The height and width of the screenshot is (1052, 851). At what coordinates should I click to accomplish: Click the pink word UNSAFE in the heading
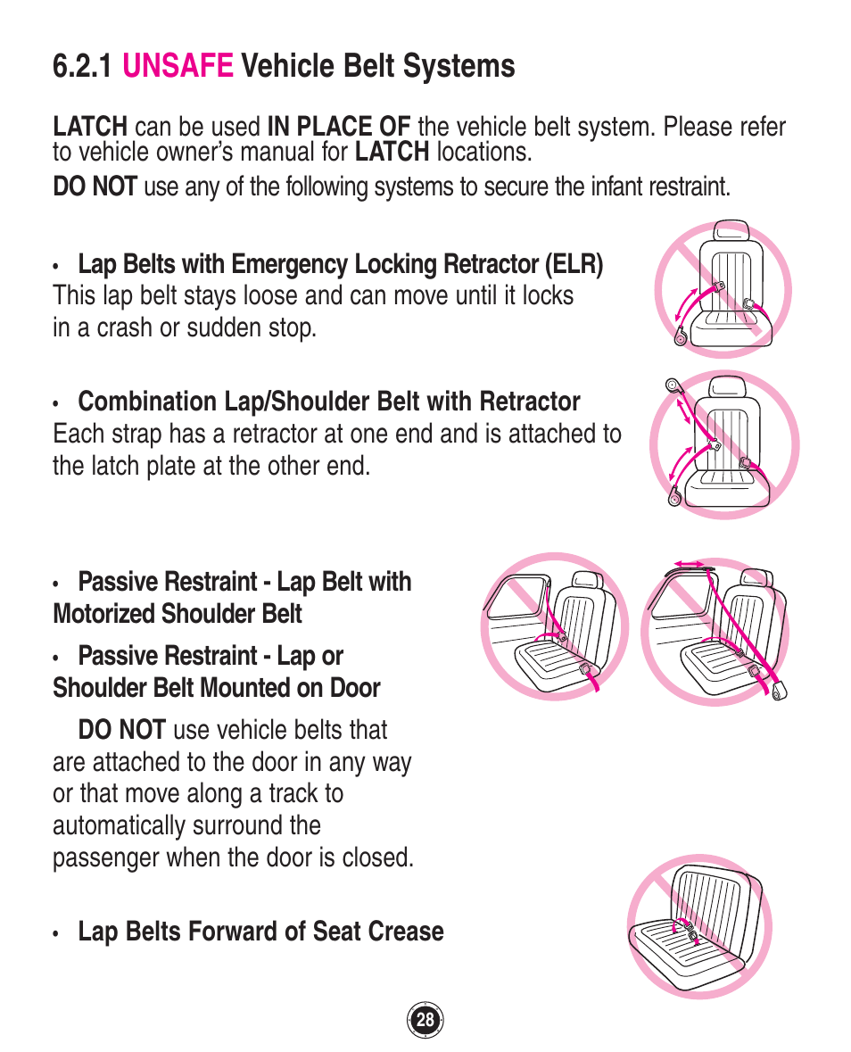pos(178,66)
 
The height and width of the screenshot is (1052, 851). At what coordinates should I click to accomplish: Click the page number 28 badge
pos(425,1020)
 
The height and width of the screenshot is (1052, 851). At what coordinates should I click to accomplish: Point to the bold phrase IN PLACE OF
pos(339,127)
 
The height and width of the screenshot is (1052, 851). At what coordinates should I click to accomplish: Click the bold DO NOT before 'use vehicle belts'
pos(121,730)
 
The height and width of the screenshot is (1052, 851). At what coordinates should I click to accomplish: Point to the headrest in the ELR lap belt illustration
pos(731,230)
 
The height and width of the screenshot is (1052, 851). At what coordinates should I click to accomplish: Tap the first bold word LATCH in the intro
pos(89,127)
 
